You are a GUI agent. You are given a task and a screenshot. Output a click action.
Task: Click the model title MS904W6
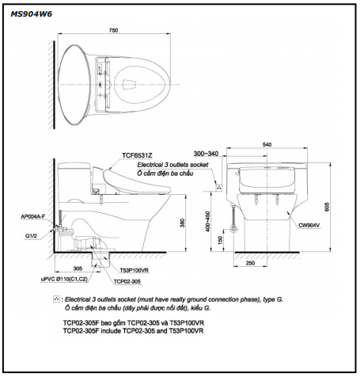(x=31, y=14)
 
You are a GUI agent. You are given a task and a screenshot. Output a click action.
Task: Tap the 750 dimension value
(x=113, y=30)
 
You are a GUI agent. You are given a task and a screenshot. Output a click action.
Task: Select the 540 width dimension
(x=267, y=145)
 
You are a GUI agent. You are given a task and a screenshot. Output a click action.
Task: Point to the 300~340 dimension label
(x=206, y=154)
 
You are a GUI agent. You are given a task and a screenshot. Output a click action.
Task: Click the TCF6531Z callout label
(x=137, y=155)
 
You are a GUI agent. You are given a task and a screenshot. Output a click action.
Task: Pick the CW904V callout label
(x=309, y=226)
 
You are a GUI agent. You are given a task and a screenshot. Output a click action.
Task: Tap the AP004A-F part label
(x=33, y=217)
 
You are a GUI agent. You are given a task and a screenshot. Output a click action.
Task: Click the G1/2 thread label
(x=31, y=236)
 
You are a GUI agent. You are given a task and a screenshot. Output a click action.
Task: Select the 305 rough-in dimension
(x=78, y=268)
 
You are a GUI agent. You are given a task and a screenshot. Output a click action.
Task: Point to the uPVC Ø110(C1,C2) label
(x=64, y=279)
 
